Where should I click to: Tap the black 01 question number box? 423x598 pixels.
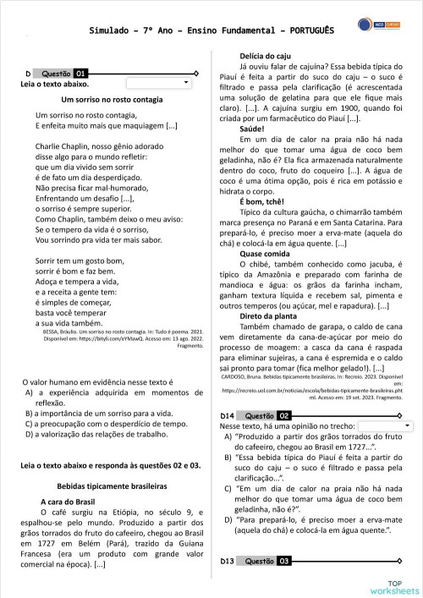point(80,74)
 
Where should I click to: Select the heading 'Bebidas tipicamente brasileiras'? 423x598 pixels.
point(107,487)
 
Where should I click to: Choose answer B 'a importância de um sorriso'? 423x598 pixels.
point(95,414)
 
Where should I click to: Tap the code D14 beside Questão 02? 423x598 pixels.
point(227,416)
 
